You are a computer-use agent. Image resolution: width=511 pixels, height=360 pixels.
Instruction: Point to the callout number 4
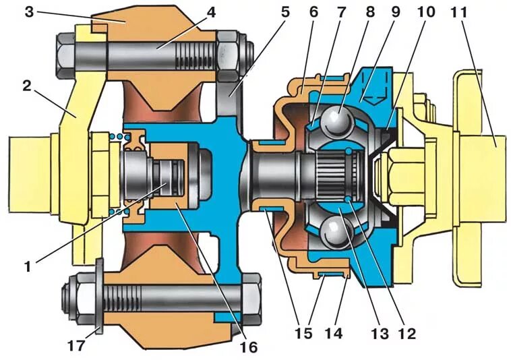(211, 12)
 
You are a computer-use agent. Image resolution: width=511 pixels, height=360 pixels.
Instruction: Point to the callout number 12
(407, 332)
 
